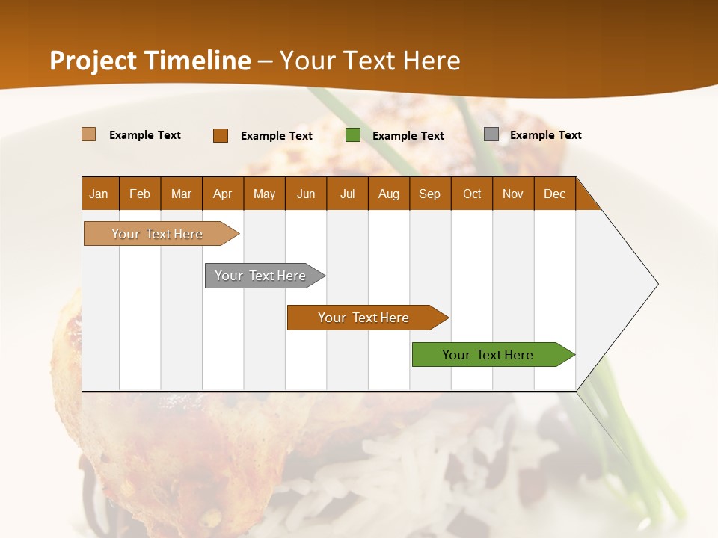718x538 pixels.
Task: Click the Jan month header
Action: point(99,194)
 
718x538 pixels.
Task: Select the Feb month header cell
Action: point(140,194)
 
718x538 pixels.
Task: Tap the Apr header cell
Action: point(223,194)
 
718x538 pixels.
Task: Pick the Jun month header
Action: point(306,194)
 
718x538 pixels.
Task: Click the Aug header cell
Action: point(389,194)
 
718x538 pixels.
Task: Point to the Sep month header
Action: point(430,194)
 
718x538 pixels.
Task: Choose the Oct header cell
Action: point(472,194)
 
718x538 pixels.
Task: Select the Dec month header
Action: point(555,194)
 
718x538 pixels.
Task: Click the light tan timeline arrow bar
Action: point(157,234)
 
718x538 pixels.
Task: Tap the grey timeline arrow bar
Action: point(260,276)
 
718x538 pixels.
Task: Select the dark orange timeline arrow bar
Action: point(363,318)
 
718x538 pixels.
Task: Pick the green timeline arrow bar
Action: point(488,355)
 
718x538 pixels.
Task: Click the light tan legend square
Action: point(89,134)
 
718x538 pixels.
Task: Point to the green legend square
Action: point(353,135)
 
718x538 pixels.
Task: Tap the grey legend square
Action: point(491,134)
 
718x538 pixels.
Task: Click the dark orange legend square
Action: point(221,135)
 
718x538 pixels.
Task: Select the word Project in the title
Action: point(93,61)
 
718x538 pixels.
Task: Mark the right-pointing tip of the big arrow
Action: point(656,284)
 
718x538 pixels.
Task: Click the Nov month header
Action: point(513,194)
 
